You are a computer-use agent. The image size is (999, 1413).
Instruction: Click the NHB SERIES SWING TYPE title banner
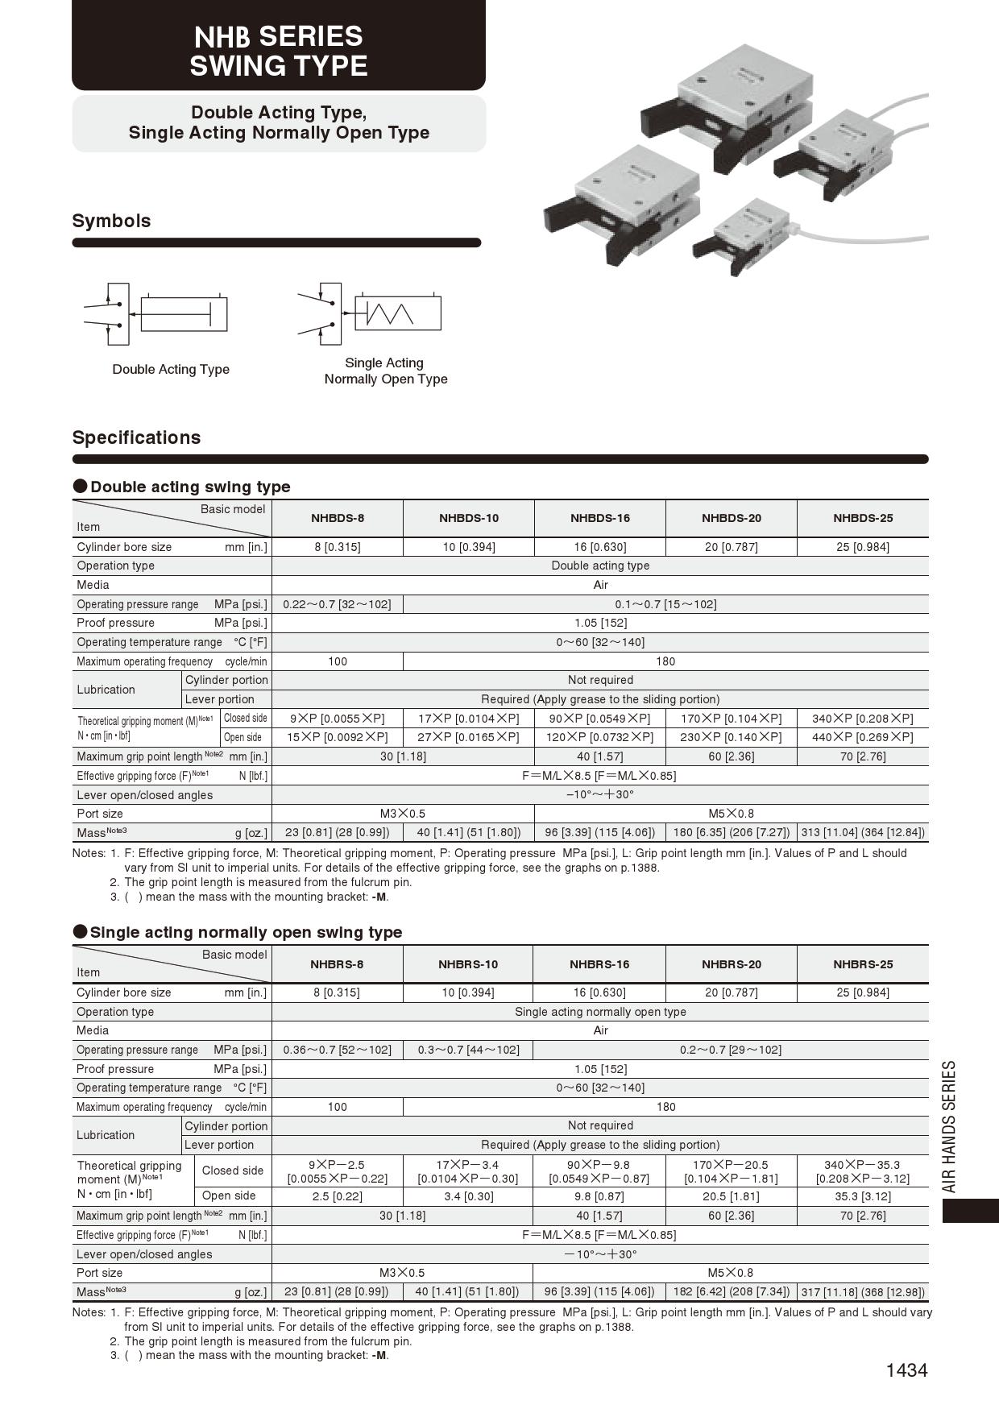click(x=278, y=50)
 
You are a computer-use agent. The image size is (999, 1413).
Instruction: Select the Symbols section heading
click(x=111, y=221)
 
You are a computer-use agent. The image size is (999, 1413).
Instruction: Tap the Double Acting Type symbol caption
click(x=171, y=369)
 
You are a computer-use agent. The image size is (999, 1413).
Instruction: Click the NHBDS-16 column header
click(x=600, y=518)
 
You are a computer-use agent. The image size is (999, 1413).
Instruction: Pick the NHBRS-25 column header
click(x=863, y=964)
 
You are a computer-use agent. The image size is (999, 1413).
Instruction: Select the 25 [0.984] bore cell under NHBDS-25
click(x=863, y=547)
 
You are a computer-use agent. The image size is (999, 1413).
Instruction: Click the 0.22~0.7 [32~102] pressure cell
click(x=337, y=604)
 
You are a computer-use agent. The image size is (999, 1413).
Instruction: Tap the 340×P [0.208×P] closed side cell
click(x=863, y=718)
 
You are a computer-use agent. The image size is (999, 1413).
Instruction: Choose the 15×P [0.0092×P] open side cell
click(x=337, y=737)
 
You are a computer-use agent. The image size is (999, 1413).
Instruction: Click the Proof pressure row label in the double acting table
click(x=116, y=623)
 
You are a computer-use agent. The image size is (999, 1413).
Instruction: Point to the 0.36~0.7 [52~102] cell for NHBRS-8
click(x=337, y=1050)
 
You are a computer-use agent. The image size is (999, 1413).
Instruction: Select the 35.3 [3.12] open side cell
click(x=863, y=1196)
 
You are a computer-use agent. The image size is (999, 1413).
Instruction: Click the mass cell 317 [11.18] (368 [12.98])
click(x=863, y=1292)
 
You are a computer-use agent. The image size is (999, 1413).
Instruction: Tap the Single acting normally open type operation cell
click(x=600, y=1012)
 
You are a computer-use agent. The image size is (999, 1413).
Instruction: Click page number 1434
click(x=906, y=1370)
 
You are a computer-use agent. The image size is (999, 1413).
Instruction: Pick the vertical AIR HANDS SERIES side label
click(x=951, y=1126)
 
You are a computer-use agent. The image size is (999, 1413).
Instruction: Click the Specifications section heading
click(x=136, y=437)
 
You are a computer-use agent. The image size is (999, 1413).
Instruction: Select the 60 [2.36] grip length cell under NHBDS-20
click(x=731, y=756)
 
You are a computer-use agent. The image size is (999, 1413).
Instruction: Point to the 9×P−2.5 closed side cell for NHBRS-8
click(x=337, y=1171)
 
